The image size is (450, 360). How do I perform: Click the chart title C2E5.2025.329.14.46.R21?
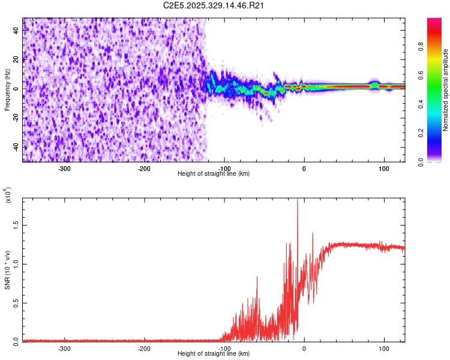coord(214,5)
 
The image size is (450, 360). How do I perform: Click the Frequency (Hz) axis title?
coord(7,90)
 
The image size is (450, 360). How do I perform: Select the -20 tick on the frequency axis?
coord(16,118)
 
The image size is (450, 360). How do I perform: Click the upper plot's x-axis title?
coord(214,173)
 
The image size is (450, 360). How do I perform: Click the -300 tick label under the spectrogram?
coord(64,168)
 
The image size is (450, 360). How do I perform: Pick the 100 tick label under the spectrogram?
coord(383,168)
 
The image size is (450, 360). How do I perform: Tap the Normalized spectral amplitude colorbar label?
coord(445,90)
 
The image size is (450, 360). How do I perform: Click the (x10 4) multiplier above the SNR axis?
coord(8,195)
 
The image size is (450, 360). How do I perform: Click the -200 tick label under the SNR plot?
coord(144,348)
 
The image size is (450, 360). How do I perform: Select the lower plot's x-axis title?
coord(214,353)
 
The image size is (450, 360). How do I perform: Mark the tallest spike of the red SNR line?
coord(298,200)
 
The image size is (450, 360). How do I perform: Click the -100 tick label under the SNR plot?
coord(224,348)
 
